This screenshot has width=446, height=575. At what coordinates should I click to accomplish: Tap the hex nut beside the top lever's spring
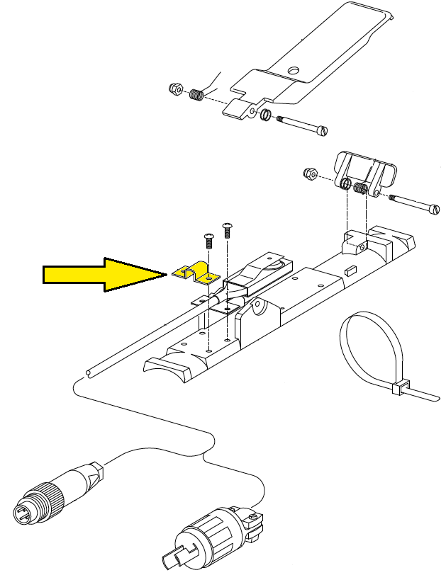pos(174,89)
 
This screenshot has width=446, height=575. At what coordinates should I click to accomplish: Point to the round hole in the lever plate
pos(294,71)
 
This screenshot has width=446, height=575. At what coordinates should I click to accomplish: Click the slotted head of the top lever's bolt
pos(325,131)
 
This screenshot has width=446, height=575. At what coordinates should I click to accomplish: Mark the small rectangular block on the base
pos(350,270)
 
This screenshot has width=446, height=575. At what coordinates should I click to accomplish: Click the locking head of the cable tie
pos(398,387)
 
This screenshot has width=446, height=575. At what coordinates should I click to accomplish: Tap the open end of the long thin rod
pos(87,372)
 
